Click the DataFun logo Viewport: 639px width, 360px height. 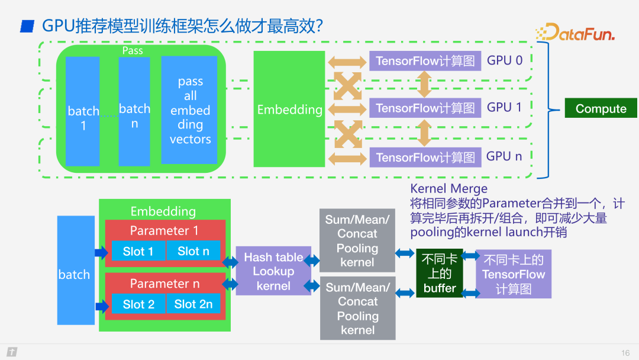pyautogui.click(x=576, y=32)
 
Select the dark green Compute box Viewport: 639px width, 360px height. pyautogui.click(x=601, y=108)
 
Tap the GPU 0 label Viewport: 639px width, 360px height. pyautogui.click(x=505, y=60)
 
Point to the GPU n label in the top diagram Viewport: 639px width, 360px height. pyautogui.click(x=504, y=156)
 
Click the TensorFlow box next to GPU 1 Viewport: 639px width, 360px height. pyautogui.click(x=425, y=108)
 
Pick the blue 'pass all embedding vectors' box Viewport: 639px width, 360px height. pyautogui.click(x=189, y=110)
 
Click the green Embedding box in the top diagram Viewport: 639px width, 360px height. pyautogui.click(x=289, y=109)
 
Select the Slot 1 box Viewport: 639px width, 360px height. pyautogui.click(x=138, y=251)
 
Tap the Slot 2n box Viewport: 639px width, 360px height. pyautogui.click(x=193, y=304)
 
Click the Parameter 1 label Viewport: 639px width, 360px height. pyautogui.click(x=164, y=231)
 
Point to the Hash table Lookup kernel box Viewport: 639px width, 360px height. pyautogui.click(x=273, y=271)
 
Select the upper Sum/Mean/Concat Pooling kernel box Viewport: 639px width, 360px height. pyautogui.click(x=357, y=240)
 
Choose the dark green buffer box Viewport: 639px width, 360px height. pyautogui.click(x=440, y=273)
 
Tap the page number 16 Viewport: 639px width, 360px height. pyautogui.click(x=625, y=353)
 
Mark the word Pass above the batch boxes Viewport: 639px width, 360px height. pyautogui.click(x=133, y=51)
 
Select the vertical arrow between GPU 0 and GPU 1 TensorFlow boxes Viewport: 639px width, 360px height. pyautogui.click(x=424, y=84)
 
